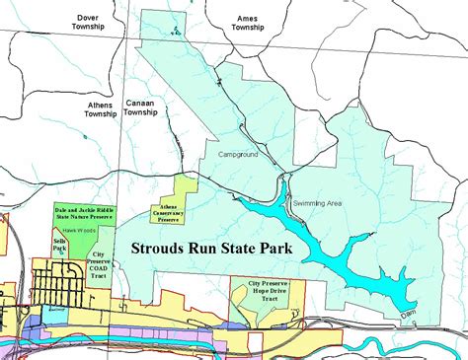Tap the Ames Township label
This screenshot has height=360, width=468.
(247, 23)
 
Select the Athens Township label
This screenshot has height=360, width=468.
(101, 108)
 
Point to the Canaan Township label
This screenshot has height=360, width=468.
(141, 107)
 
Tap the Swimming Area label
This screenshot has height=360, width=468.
(317, 202)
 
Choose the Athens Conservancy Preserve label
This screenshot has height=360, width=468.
(164, 212)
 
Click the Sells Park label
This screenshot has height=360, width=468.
(58, 244)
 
